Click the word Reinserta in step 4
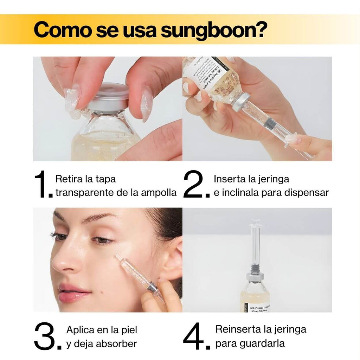238,329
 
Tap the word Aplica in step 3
80,330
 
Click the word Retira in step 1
69,179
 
